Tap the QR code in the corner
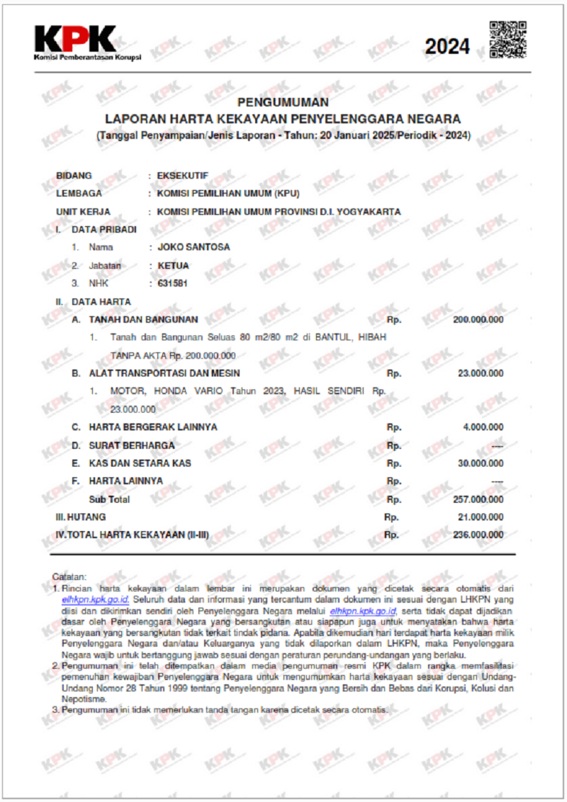507,40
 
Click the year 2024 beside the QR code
447,47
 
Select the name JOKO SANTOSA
193,247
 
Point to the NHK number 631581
172,283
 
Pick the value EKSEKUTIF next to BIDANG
182,175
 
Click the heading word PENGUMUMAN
283,102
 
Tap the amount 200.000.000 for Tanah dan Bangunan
478,320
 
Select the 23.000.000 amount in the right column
481,373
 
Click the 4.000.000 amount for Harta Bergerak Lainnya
483,427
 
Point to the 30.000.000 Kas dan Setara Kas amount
481,463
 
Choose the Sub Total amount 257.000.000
478,499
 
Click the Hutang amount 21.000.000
481,517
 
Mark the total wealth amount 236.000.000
478,535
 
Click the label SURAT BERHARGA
131,445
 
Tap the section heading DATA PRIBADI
104,230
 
